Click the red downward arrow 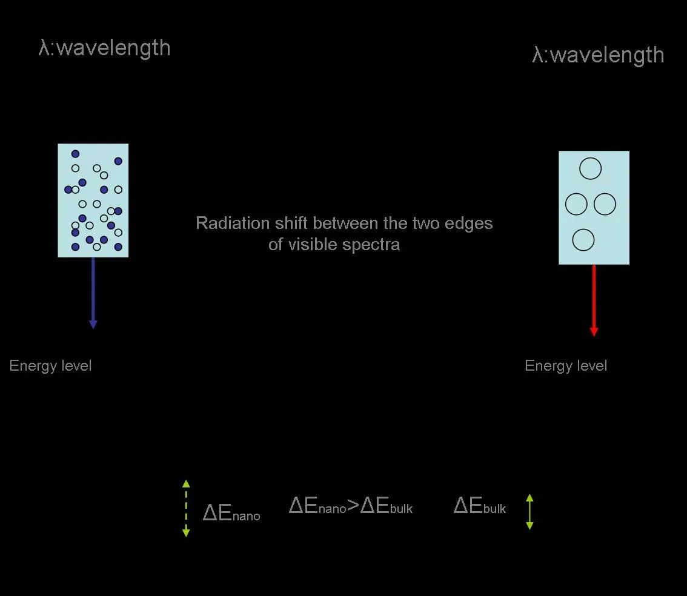594,300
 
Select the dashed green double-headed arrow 186,508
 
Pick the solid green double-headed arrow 529,512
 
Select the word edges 471,223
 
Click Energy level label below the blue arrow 51,366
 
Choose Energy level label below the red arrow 566,366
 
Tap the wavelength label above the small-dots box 104,48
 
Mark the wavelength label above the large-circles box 598,55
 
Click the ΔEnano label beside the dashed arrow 231,514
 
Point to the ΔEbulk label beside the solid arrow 480,506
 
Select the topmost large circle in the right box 590,168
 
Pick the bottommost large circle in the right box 583,240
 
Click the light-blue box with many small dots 93,200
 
